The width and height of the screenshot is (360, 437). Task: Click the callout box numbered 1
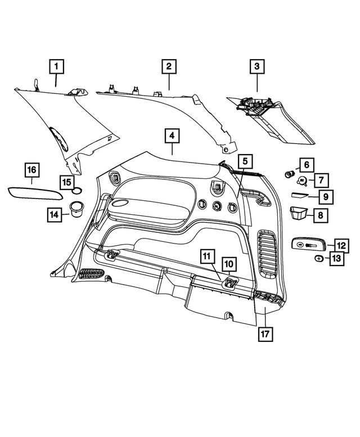56,66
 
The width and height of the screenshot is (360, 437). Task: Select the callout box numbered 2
168,66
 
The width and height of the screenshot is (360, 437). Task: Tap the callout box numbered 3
257,66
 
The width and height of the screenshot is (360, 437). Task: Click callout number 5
245,161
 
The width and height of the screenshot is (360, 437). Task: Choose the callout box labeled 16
32,169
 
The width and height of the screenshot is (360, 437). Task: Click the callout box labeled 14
54,214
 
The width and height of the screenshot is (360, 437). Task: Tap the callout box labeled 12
341,246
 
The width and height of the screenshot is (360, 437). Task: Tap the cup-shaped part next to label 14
76,209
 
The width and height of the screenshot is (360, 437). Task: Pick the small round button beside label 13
318,258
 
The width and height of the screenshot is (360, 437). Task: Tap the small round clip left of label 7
303,181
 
